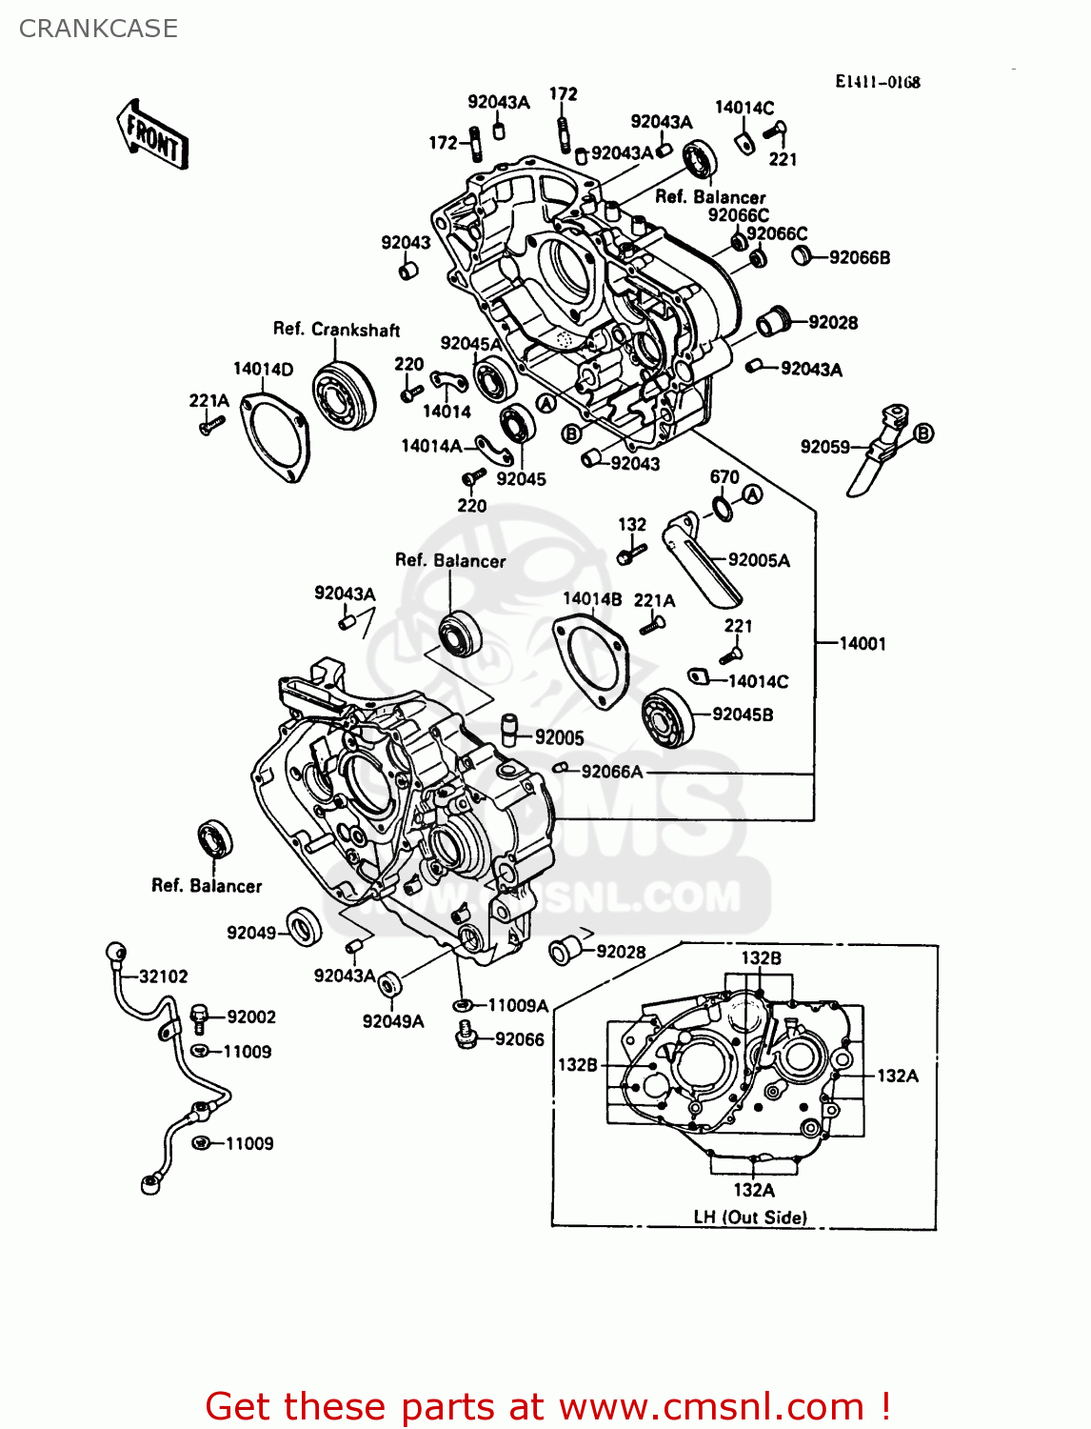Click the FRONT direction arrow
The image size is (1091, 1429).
click(x=152, y=135)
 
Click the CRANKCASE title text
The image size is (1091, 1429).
click(x=98, y=29)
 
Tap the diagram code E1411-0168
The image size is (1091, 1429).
click(x=877, y=82)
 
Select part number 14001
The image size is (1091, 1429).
click(x=863, y=644)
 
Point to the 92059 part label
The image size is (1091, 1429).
click(x=824, y=447)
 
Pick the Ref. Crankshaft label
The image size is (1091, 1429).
click(x=336, y=330)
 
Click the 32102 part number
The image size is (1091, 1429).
click(x=164, y=976)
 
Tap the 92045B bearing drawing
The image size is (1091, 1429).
click(x=667, y=717)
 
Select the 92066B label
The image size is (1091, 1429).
click(x=860, y=257)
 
